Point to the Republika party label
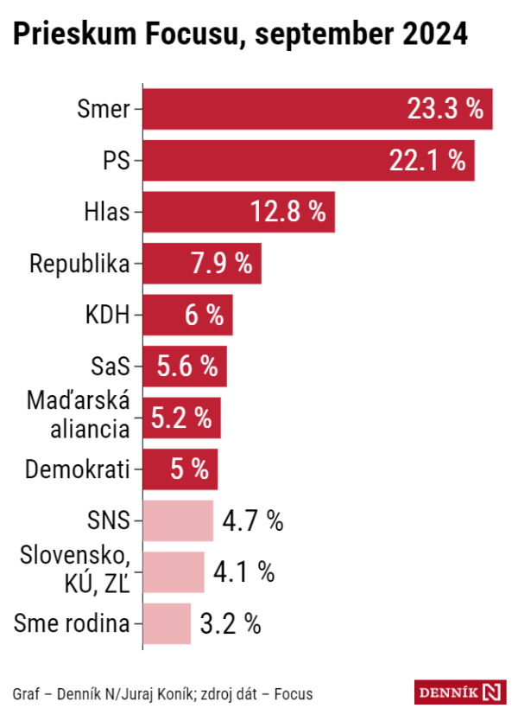79,264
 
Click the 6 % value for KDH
204,316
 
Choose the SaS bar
183,367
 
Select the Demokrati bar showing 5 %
179,469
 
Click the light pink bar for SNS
177,520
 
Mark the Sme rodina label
73,623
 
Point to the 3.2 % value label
230,623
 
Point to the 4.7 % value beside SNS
252,520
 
